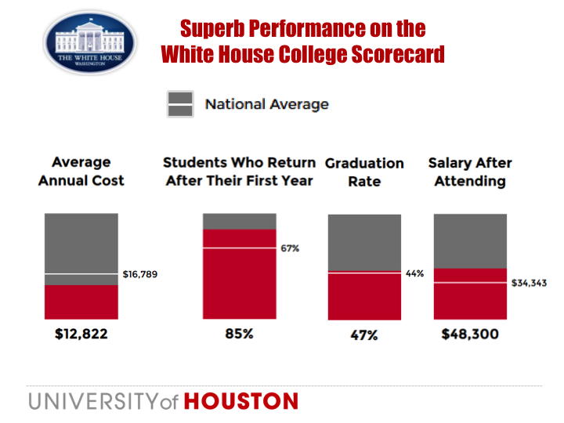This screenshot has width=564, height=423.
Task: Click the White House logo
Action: pyautogui.click(x=90, y=42)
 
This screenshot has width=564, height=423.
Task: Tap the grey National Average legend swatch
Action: pyautogui.click(x=179, y=104)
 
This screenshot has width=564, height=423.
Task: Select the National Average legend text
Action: pyautogui.click(x=266, y=104)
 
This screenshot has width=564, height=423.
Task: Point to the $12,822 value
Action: pyautogui.click(x=81, y=334)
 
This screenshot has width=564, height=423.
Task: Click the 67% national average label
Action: pyautogui.click(x=291, y=248)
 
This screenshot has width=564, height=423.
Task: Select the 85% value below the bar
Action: pyautogui.click(x=239, y=334)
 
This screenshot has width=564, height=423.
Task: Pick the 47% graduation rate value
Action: pyautogui.click(x=363, y=335)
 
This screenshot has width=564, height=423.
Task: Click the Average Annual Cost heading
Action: pyautogui.click(x=81, y=172)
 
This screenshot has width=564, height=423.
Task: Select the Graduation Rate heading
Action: pyautogui.click(x=364, y=172)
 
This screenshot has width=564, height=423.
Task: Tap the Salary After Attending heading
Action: pyautogui.click(x=470, y=172)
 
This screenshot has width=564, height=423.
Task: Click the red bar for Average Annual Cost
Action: pyautogui.click(x=81, y=302)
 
